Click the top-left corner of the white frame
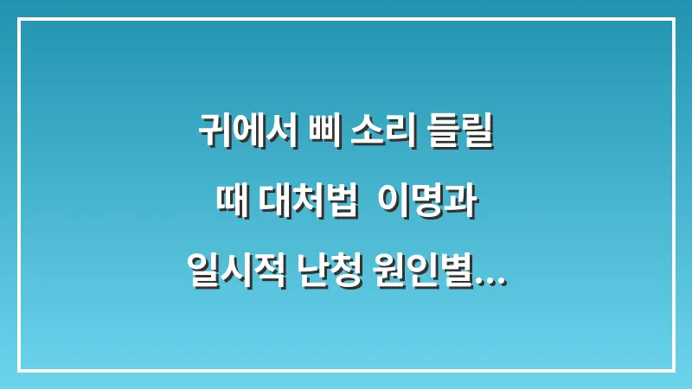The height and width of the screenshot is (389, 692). pyautogui.click(x=18, y=18)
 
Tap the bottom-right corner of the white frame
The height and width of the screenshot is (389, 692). pyautogui.click(x=673, y=370)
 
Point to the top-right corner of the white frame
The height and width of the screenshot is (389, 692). pyautogui.click(x=673, y=18)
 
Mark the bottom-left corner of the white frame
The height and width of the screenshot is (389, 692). pyautogui.click(x=18, y=370)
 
